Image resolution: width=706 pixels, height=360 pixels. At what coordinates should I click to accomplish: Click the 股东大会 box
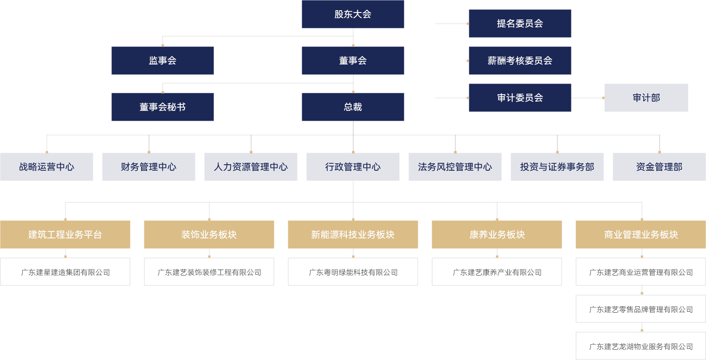click(353, 14)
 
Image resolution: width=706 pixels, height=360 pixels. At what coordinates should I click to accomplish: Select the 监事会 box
click(162, 60)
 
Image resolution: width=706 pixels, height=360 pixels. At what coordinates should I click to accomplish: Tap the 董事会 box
click(353, 60)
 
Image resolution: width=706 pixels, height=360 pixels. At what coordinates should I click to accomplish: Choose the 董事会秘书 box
click(162, 107)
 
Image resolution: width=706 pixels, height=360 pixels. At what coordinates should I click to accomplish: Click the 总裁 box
click(353, 107)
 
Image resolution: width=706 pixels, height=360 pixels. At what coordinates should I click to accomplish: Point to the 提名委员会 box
click(520, 23)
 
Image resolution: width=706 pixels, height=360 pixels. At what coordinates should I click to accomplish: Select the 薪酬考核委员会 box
click(520, 60)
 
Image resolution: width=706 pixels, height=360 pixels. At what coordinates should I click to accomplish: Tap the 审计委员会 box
click(520, 97)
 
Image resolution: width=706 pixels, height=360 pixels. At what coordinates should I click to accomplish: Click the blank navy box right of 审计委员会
click(646, 97)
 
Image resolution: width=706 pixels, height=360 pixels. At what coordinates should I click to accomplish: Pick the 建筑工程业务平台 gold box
click(65, 234)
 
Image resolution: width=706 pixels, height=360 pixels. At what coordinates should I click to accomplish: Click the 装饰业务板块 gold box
click(209, 234)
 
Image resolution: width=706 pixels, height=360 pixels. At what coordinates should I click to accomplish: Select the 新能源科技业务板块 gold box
click(353, 234)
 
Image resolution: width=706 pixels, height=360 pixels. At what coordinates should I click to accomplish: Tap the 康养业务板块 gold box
click(497, 234)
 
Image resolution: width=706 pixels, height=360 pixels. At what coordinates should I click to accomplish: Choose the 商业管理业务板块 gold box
click(641, 234)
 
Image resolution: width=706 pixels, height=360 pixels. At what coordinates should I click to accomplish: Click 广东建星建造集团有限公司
click(65, 272)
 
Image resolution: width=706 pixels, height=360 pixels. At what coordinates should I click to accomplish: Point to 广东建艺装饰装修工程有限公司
click(209, 272)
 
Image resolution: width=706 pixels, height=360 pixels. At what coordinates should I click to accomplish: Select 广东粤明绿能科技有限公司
click(353, 272)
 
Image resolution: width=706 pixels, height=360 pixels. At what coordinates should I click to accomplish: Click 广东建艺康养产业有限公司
click(497, 272)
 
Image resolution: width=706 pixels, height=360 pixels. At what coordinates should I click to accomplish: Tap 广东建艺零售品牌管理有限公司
click(641, 309)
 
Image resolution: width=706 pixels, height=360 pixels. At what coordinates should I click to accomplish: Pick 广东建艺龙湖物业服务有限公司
click(641, 346)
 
